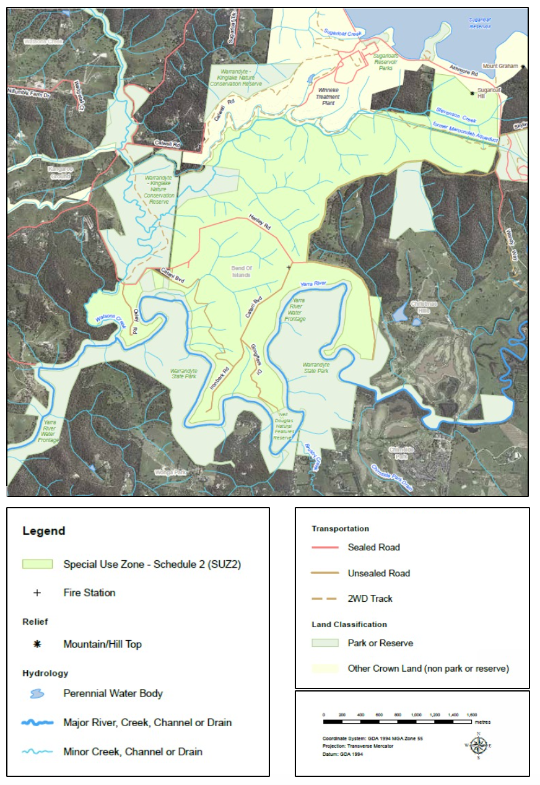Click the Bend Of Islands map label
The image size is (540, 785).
(241, 271)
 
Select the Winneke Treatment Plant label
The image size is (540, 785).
(328, 97)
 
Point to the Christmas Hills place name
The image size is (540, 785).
(424, 308)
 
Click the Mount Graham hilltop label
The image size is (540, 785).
(500, 66)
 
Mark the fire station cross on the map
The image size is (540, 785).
(289, 267)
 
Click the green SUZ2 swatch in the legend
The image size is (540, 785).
(38, 564)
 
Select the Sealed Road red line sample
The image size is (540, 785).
(325, 547)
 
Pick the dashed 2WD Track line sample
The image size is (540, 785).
(325, 599)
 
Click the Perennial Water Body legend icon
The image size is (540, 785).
(38, 693)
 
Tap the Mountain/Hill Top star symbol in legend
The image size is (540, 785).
(37, 644)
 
